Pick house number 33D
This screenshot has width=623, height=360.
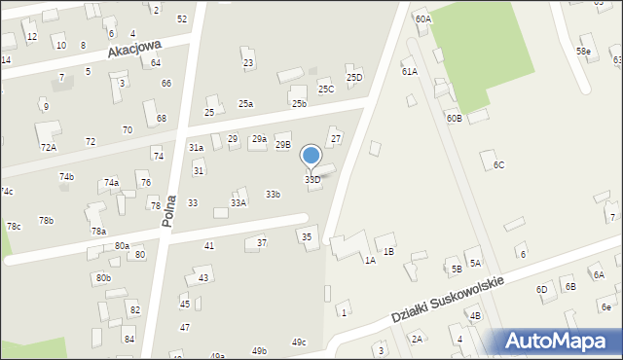(312, 180)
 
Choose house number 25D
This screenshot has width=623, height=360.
(354, 78)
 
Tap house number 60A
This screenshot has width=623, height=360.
(422, 19)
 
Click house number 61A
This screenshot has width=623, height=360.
(409, 71)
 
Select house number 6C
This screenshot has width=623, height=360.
(498, 165)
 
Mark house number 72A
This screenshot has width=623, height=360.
(48, 147)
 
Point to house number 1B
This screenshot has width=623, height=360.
(388, 252)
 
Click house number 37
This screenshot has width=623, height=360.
(262, 242)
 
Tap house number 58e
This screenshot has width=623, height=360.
(582, 51)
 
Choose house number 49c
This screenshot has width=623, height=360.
(299, 342)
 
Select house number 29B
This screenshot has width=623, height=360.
(282, 145)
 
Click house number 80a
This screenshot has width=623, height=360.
(122, 246)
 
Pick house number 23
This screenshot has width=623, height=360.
(248, 63)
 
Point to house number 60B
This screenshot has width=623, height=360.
(455, 118)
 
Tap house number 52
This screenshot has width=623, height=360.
(182, 19)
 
